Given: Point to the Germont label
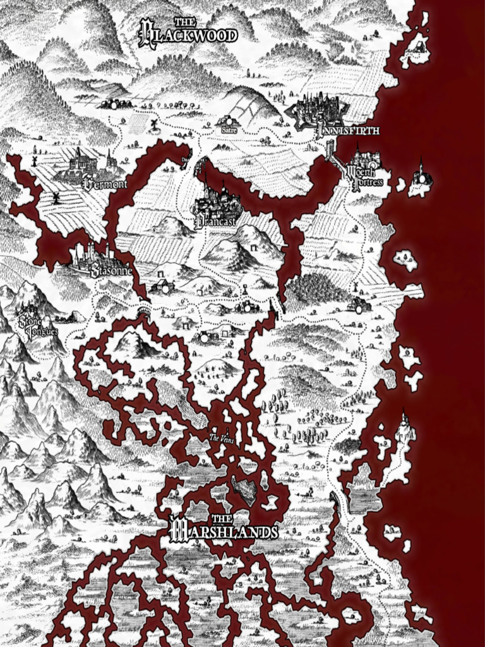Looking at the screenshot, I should click(x=105, y=184).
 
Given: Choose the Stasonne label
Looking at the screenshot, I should click(x=112, y=272).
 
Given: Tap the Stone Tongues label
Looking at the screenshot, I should click(x=38, y=325).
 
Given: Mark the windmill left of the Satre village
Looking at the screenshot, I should click(x=153, y=124).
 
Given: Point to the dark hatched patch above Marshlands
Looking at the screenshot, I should click(x=245, y=490).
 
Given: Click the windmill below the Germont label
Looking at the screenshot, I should click(x=56, y=198).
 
